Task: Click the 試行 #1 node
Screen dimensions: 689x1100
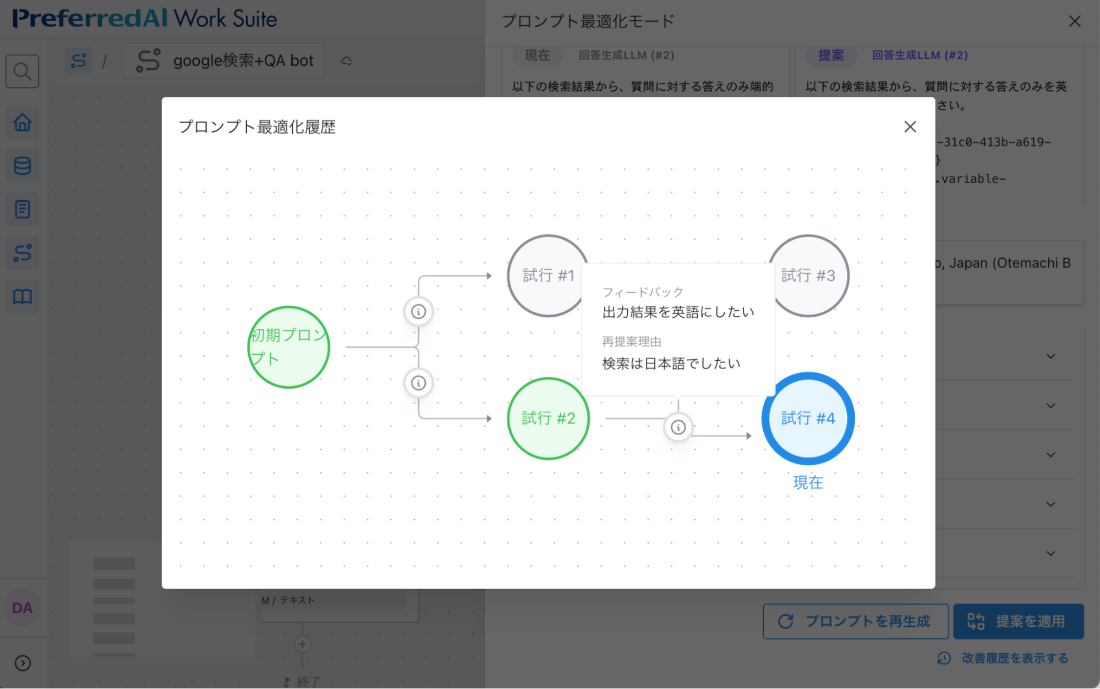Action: click(x=545, y=275)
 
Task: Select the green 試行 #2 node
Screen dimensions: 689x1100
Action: click(x=548, y=418)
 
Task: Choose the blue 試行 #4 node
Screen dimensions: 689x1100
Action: click(x=808, y=418)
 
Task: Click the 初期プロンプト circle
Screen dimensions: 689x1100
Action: click(x=288, y=347)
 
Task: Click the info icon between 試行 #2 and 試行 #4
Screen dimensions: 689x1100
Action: click(x=678, y=427)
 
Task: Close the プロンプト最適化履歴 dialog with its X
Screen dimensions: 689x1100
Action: click(x=910, y=127)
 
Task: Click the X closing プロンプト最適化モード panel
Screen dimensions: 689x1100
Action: click(x=1074, y=21)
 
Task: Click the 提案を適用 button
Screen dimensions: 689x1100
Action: click(x=1018, y=621)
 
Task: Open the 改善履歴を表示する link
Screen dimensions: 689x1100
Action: click(x=1014, y=658)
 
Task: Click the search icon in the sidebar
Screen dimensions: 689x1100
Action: click(x=23, y=71)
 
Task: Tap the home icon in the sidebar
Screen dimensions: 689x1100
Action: click(x=23, y=122)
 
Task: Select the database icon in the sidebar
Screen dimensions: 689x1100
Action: click(x=23, y=166)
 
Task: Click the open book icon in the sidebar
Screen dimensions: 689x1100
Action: click(x=23, y=297)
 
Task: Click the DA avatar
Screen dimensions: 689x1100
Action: click(x=23, y=608)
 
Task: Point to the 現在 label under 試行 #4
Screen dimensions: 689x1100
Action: click(x=808, y=483)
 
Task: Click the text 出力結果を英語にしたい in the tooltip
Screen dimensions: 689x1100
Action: click(x=678, y=312)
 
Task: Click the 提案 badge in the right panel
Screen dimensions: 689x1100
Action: click(x=831, y=56)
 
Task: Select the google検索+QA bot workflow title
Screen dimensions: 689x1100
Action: click(x=243, y=60)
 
